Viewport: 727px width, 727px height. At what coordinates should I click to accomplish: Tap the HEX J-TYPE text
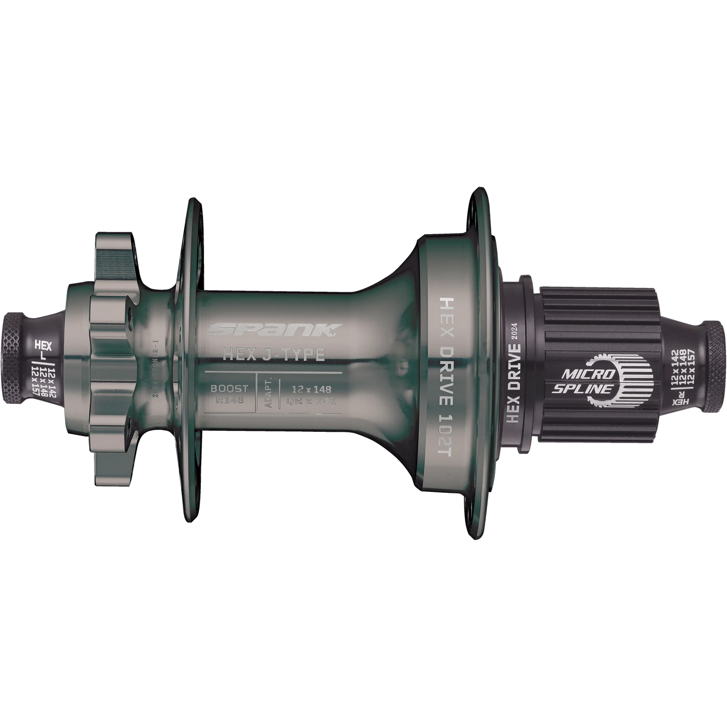273,355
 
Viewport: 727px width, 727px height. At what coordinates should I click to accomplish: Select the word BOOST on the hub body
229,388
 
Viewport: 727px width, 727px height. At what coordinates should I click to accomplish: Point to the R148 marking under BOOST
229,400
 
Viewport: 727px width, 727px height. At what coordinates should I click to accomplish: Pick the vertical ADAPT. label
268,394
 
